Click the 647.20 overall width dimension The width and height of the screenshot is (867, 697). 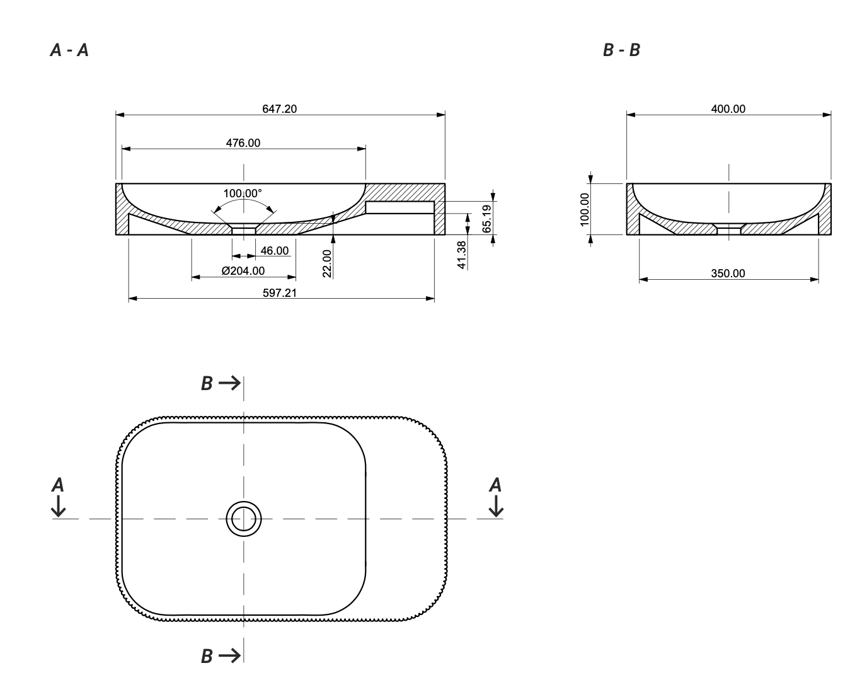279,109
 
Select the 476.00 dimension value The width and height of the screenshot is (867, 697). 243,143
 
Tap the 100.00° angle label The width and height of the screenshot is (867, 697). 243,193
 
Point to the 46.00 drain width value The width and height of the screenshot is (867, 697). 274,251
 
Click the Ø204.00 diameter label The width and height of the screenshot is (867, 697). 243,271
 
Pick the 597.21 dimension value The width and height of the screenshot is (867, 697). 280,293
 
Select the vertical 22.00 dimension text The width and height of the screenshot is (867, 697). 327,264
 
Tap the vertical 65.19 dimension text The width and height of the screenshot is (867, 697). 486,219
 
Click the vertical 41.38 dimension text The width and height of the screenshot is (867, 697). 462,255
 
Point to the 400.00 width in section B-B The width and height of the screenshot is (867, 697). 728,109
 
